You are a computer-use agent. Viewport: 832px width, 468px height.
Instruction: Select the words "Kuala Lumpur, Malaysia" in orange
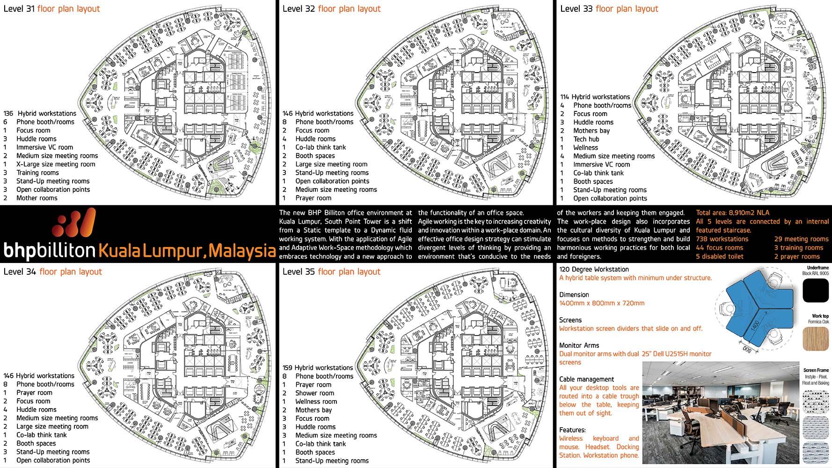pyautogui.click(x=186, y=250)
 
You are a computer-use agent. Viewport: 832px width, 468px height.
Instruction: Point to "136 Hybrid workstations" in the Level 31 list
pyautogui.click(x=40, y=113)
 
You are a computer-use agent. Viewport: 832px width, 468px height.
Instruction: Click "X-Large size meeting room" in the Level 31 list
pyautogui.click(x=56, y=164)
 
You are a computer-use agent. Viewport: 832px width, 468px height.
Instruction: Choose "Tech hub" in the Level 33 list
pyautogui.click(x=586, y=139)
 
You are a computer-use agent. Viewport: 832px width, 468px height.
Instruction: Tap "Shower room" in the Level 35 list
pyautogui.click(x=314, y=393)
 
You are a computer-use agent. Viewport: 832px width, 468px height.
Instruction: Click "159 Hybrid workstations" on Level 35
pyautogui.click(x=318, y=368)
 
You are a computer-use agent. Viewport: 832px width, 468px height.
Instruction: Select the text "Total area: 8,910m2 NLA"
pyautogui.click(x=732, y=213)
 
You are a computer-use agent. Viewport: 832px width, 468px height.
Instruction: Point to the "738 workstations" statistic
pyautogui.click(x=722, y=239)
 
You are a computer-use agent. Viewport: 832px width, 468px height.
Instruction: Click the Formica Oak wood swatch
pyautogui.click(x=816, y=338)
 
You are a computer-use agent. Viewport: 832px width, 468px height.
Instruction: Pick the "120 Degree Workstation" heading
pyautogui.click(x=594, y=270)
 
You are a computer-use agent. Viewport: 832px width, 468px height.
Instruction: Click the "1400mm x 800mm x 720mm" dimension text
pyautogui.click(x=602, y=303)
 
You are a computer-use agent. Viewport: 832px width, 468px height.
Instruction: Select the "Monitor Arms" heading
pyautogui.click(x=579, y=345)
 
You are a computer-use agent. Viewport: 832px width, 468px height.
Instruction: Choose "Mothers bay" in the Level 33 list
pyautogui.click(x=591, y=131)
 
